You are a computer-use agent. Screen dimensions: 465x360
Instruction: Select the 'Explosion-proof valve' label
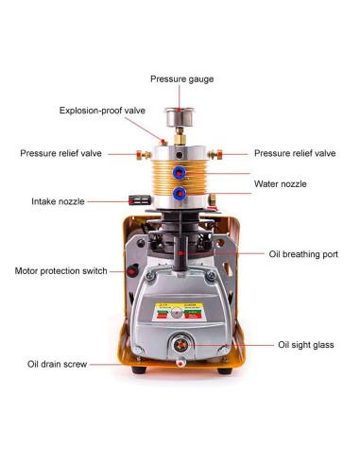point(102,111)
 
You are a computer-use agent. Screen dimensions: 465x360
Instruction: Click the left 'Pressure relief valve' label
point(60,153)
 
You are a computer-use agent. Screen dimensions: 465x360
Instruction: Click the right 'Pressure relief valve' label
point(295,153)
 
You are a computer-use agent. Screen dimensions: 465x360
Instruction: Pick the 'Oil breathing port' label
point(300,253)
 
